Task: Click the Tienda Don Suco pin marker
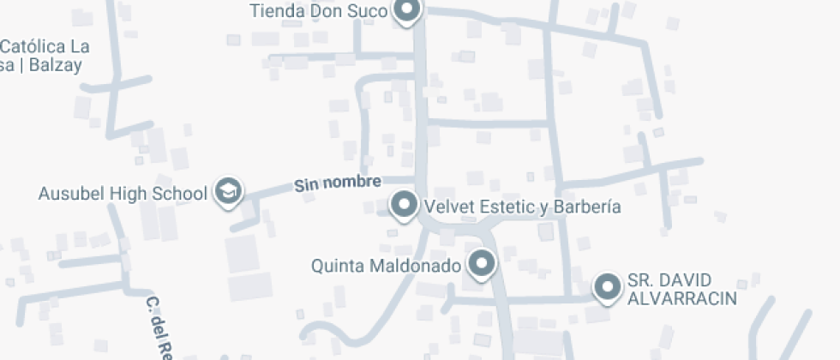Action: (x=406, y=11)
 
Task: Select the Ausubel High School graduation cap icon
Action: (x=228, y=191)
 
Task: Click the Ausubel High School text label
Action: (x=123, y=193)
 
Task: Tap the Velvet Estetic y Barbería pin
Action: (x=404, y=206)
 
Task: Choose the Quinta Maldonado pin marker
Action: (x=483, y=264)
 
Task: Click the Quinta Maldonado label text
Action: (x=387, y=266)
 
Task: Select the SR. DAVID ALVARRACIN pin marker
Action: (x=609, y=287)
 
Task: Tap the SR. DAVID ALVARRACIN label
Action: (x=682, y=290)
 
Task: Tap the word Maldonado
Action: (x=417, y=266)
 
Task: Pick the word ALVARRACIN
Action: (x=682, y=298)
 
